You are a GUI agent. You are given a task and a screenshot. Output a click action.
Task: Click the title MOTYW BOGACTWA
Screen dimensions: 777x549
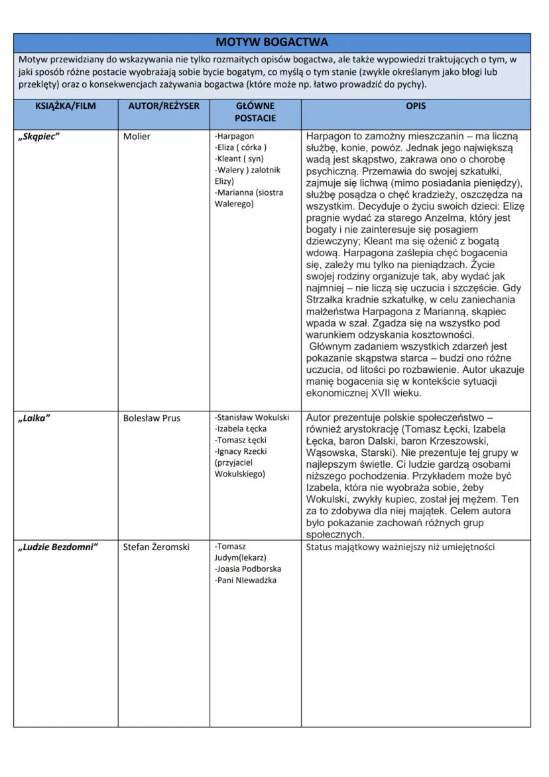point(272,42)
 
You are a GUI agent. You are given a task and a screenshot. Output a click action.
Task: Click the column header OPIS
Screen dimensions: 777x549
point(416,106)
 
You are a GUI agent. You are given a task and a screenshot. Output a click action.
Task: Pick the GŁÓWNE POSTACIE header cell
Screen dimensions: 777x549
point(255,111)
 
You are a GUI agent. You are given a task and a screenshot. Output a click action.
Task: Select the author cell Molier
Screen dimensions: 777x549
point(137,137)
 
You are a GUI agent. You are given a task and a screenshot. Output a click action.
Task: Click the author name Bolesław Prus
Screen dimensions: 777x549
point(152,418)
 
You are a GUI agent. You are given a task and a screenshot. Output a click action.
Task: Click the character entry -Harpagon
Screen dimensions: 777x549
point(235,136)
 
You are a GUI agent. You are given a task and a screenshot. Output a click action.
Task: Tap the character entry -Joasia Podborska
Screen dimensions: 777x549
point(248,569)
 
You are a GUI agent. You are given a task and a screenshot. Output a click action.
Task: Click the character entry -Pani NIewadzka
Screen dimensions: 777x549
point(245,580)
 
